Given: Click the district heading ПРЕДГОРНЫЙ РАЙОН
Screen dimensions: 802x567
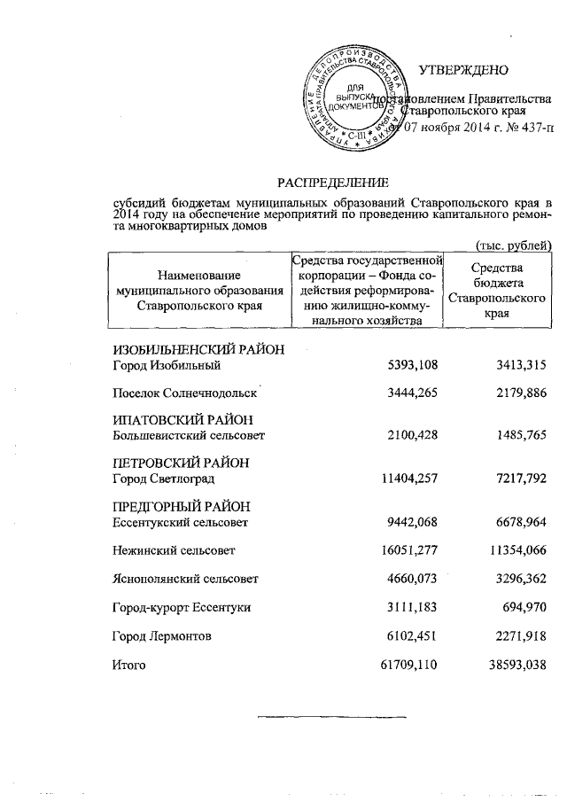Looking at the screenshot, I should (x=182, y=506).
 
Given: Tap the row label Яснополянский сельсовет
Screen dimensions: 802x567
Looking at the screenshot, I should (x=185, y=580).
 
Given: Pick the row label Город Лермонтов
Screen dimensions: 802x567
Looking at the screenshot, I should (x=161, y=635).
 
